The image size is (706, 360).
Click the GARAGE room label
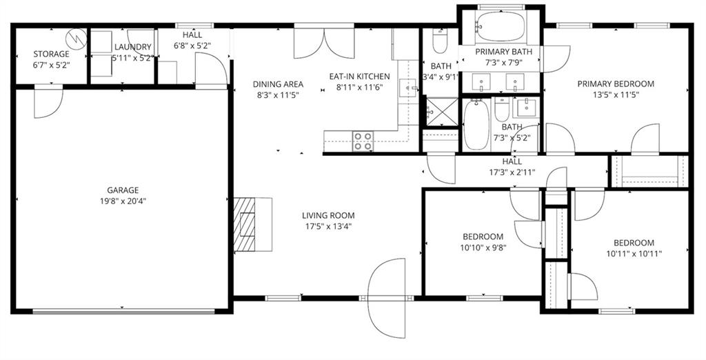click(123, 190)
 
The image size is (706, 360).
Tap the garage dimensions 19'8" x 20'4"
click(123, 201)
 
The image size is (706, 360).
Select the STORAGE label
click(51, 54)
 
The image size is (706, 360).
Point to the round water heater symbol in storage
click(76, 39)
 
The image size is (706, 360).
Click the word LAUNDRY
click(133, 47)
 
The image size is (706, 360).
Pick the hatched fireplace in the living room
click(245, 225)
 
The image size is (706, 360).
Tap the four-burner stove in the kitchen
click(363, 141)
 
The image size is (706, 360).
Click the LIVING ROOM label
click(328, 216)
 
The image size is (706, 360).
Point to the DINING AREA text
click(278, 85)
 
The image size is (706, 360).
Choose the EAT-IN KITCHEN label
click(363, 77)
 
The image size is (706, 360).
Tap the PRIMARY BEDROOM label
click(616, 84)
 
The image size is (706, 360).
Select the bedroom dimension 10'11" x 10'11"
click(634, 253)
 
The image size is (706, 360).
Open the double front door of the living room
click(387, 298)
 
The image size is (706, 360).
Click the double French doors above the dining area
click(324, 43)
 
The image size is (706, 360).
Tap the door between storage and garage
click(48, 100)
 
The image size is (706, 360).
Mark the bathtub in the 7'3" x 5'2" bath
click(476, 124)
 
